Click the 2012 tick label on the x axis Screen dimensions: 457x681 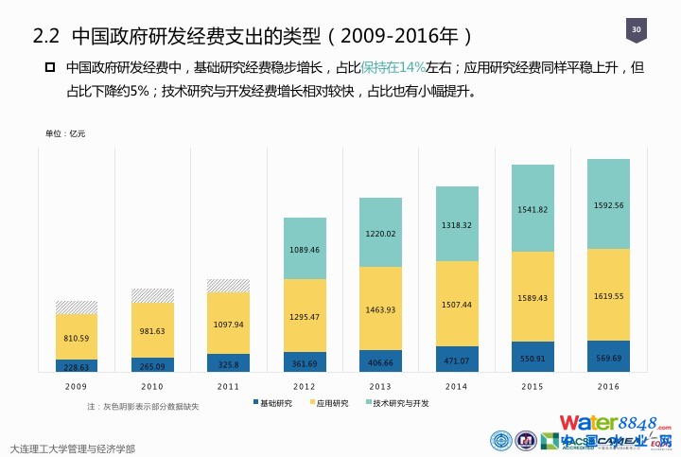305,386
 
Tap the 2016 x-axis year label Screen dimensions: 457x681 608,386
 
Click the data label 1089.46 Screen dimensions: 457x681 305,250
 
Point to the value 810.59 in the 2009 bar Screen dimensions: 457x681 77,338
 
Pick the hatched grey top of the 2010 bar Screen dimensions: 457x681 152,295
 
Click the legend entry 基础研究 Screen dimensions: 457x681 272,404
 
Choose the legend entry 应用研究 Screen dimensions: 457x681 327,404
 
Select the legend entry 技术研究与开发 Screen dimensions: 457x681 396,404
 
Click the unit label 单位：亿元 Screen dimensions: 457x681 65,134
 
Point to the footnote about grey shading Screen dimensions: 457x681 143,407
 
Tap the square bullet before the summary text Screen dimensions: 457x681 50,68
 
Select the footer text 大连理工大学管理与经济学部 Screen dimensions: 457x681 72,448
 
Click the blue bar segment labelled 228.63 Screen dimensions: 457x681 77,366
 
